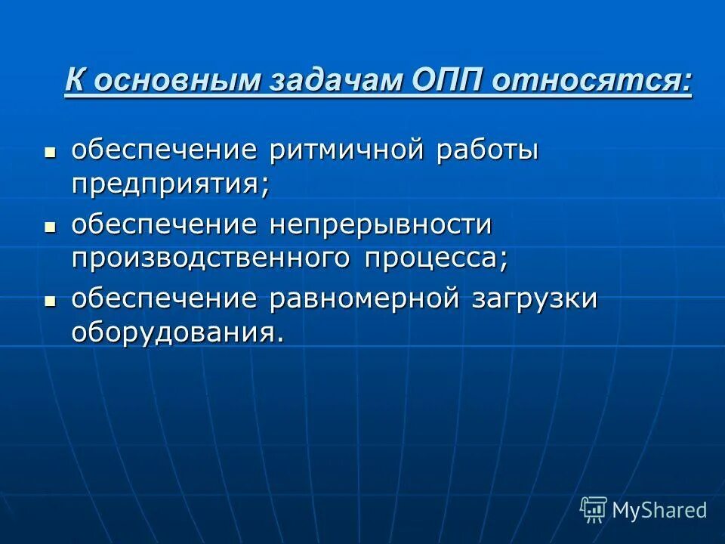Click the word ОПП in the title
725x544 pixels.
(446, 81)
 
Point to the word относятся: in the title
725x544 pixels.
(591, 81)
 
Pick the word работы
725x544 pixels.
(486, 150)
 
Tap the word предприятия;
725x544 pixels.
(171, 184)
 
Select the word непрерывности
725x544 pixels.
(382, 224)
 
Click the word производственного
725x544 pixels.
(211, 258)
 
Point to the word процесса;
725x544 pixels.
(437, 258)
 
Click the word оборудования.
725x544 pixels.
(178, 332)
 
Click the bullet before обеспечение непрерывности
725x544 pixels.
(51, 225)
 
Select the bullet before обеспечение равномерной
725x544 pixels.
(51, 299)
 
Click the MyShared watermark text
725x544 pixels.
(659, 510)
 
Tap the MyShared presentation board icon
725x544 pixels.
(594, 510)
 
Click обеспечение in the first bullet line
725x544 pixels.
(165, 150)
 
